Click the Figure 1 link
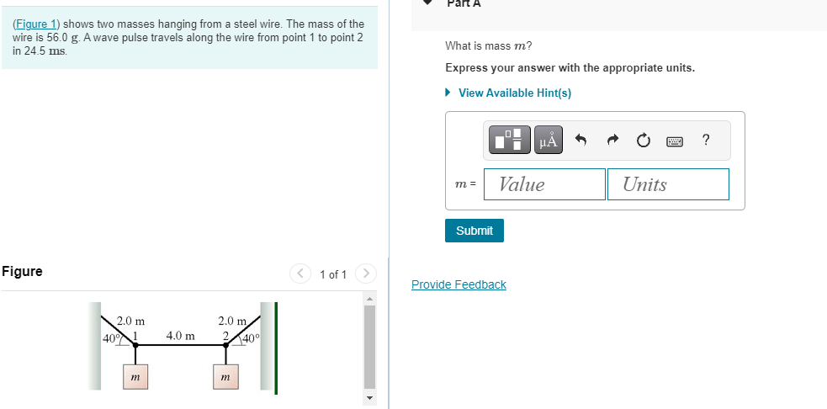click(36, 24)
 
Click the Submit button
click(474, 231)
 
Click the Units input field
click(668, 184)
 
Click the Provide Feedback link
click(459, 284)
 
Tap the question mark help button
click(706, 141)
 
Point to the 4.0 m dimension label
click(180, 336)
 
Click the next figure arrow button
click(365, 274)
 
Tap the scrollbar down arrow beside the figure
click(368, 398)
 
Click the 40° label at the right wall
click(252, 337)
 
